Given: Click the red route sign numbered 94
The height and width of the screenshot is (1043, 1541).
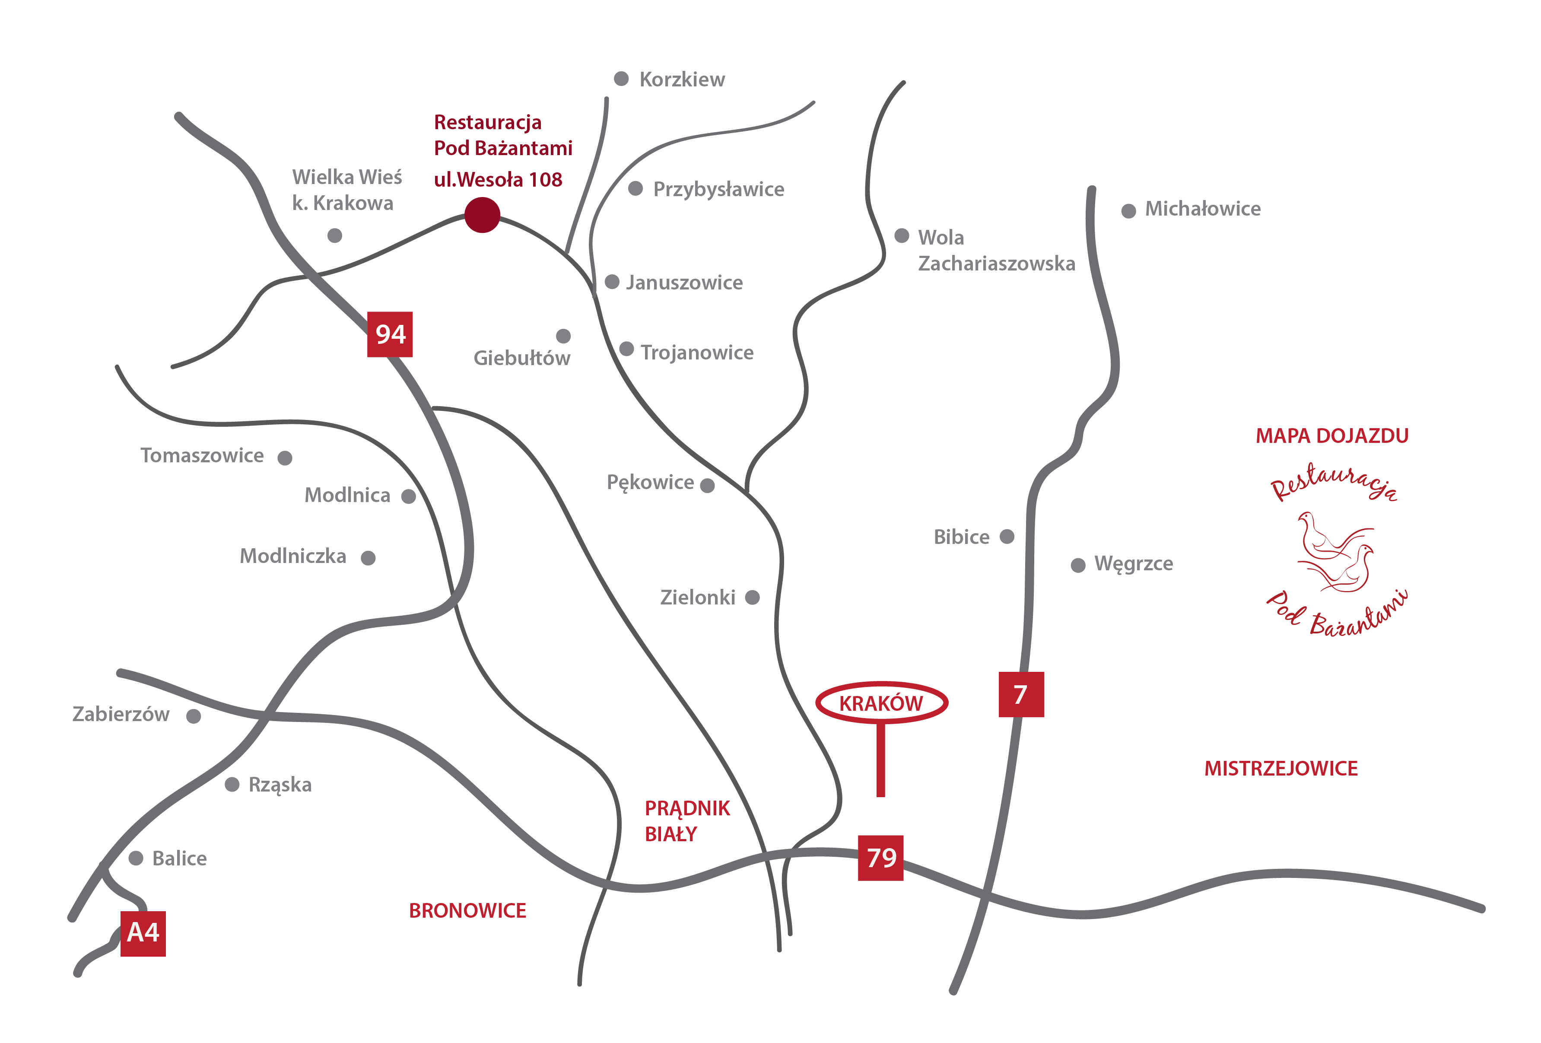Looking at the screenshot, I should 389,334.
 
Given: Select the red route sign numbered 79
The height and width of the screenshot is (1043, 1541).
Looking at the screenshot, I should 880,857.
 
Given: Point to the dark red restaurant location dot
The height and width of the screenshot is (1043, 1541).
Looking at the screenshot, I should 482,215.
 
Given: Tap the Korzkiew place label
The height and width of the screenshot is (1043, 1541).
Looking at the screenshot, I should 682,79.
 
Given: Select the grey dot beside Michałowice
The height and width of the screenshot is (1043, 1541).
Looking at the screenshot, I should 1128,211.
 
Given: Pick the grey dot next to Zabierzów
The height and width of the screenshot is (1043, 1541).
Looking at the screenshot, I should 194,716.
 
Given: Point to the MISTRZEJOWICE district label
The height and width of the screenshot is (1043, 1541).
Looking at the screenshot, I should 1280,769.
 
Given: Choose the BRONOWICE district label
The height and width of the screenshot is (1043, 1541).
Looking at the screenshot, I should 467,910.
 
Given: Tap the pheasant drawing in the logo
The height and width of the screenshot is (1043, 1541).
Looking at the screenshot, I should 1335,552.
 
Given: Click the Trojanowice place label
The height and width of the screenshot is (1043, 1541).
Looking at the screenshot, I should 696,352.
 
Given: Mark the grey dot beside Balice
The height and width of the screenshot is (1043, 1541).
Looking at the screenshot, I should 136,858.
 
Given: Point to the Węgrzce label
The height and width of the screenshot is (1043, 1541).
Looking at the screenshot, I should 1133,563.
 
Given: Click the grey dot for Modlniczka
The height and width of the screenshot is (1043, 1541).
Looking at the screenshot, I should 368,558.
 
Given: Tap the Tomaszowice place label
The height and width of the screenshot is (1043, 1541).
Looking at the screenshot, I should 202,455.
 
